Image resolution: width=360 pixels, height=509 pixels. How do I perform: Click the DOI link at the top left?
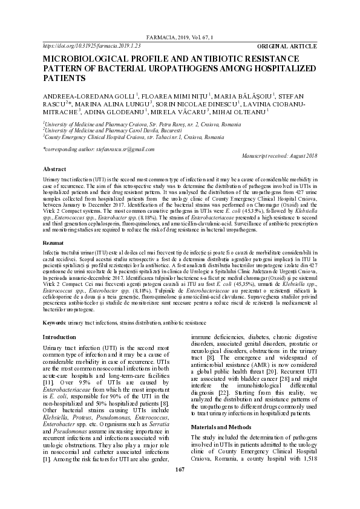pos(91,45)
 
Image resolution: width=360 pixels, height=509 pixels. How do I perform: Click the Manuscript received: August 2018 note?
pos(279,156)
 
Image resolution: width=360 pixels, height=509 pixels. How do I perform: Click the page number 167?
pos(180,487)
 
